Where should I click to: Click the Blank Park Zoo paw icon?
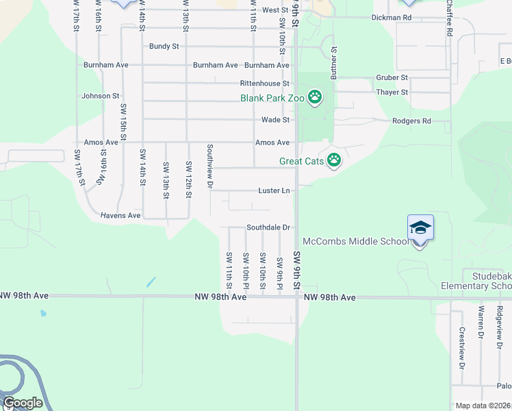[314, 98]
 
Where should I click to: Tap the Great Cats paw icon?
[333, 161]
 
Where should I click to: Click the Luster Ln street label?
[274, 190]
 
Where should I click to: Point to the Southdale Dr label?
[269, 227]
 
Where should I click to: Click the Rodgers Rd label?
[411, 121]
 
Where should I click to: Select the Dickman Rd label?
[392, 17]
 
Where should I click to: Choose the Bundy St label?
[164, 47]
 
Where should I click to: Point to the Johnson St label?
[101, 96]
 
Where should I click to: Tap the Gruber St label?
[392, 78]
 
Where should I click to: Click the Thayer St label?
[392, 92]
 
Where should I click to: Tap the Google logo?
[23, 403]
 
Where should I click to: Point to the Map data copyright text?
[481, 406]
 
